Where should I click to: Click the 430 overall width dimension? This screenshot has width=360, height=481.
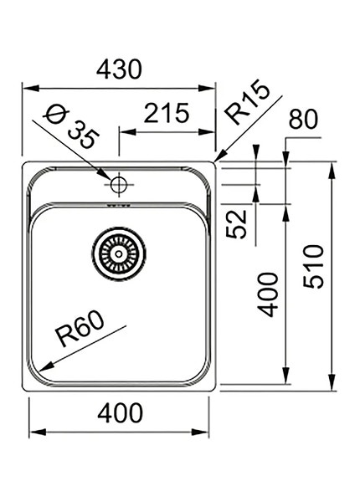click(x=118, y=70)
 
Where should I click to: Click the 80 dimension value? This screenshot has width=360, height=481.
click(x=302, y=120)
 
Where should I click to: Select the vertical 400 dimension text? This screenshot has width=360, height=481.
click(x=268, y=293)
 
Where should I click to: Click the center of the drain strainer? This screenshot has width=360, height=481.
click(x=118, y=250)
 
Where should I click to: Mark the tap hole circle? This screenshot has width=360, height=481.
click(x=118, y=182)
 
